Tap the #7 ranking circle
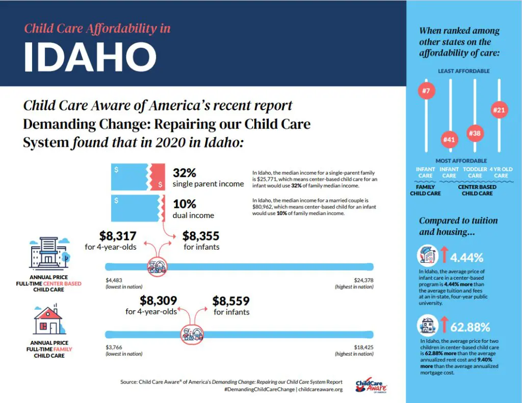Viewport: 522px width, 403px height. click(426, 92)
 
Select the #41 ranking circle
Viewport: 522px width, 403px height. click(449, 139)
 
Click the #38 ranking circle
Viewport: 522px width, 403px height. click(475, 133)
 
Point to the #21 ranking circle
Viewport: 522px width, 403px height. click(500, 110)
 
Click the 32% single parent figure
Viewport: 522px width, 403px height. click(185, 173)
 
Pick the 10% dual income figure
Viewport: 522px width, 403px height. click(185, 204)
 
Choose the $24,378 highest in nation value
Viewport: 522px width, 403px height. click(362, 280)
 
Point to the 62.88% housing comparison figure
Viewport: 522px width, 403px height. click(469, 327)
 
